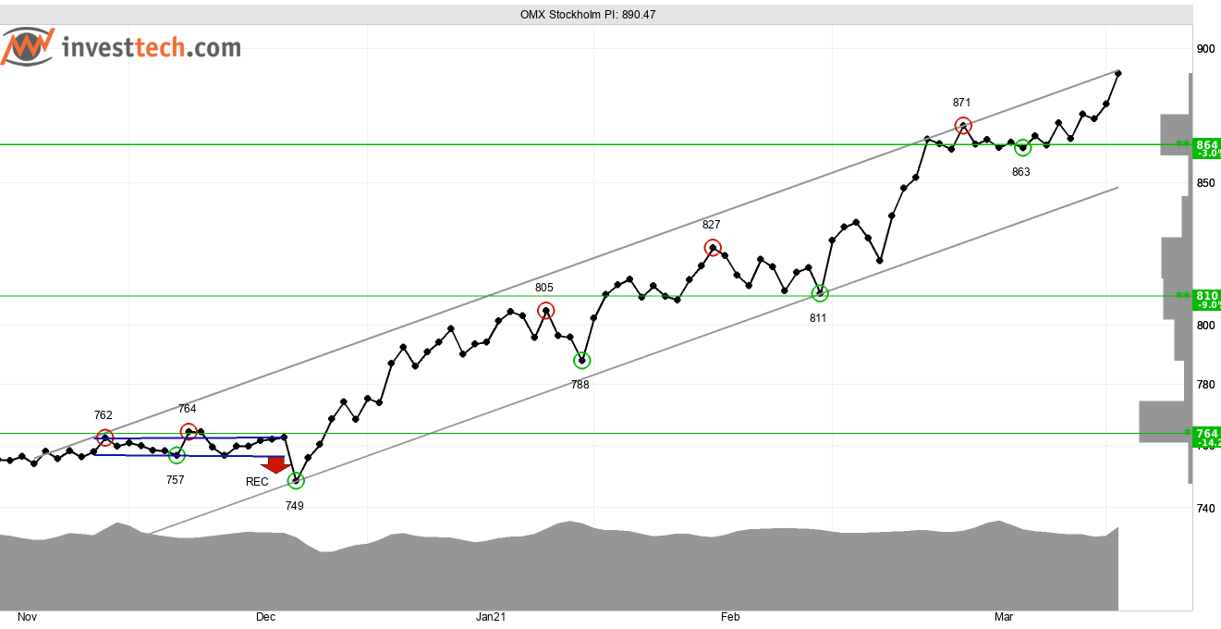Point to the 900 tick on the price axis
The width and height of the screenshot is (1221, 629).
tap(1205, 49)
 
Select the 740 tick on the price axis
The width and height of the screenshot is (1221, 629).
tap(1205, 508)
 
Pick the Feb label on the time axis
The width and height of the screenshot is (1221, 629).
tap(730, 617)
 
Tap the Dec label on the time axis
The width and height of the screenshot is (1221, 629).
tap(266, 617)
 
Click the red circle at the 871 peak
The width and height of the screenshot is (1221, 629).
tap(963, 126)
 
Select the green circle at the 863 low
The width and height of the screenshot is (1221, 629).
tap(1022, 148)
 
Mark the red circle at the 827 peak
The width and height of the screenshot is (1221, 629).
tap(712, 247)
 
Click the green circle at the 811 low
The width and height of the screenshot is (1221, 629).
tap(820, 293)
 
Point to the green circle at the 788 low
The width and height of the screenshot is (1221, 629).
tap(581, 360)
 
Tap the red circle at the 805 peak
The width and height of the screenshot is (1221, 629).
tap(545, 311)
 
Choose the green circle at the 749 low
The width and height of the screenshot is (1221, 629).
tap(296, 480)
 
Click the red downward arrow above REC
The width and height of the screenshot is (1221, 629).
tap(275, 464)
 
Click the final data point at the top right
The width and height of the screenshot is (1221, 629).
tap(1118, 73)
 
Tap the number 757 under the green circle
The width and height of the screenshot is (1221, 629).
tap(175, 480)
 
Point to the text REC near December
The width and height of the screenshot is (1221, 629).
tap(257, 482)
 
